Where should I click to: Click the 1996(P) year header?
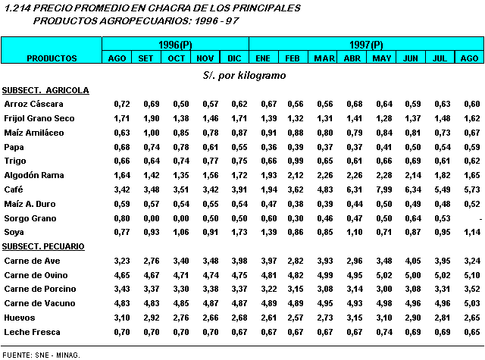click(x=175, y=45)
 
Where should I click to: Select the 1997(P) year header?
click(x=366, y=45)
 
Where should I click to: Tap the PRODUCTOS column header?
click(x=52, y=58)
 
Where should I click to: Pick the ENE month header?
click(x=263, y=58)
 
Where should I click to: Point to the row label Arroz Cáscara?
click(x=33, y=103)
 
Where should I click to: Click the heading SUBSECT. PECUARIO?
click(x=43, y=246)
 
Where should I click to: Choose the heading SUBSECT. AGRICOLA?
click(x=45, y=90)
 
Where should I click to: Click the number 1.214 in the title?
click(x=16, y=8)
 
